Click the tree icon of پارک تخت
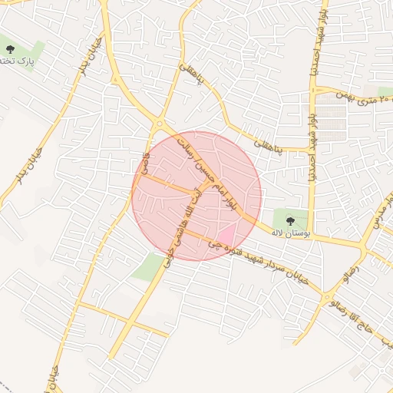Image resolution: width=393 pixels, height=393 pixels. tap(9, 48)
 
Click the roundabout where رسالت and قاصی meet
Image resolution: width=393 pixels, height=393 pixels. tap(160, 123)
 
